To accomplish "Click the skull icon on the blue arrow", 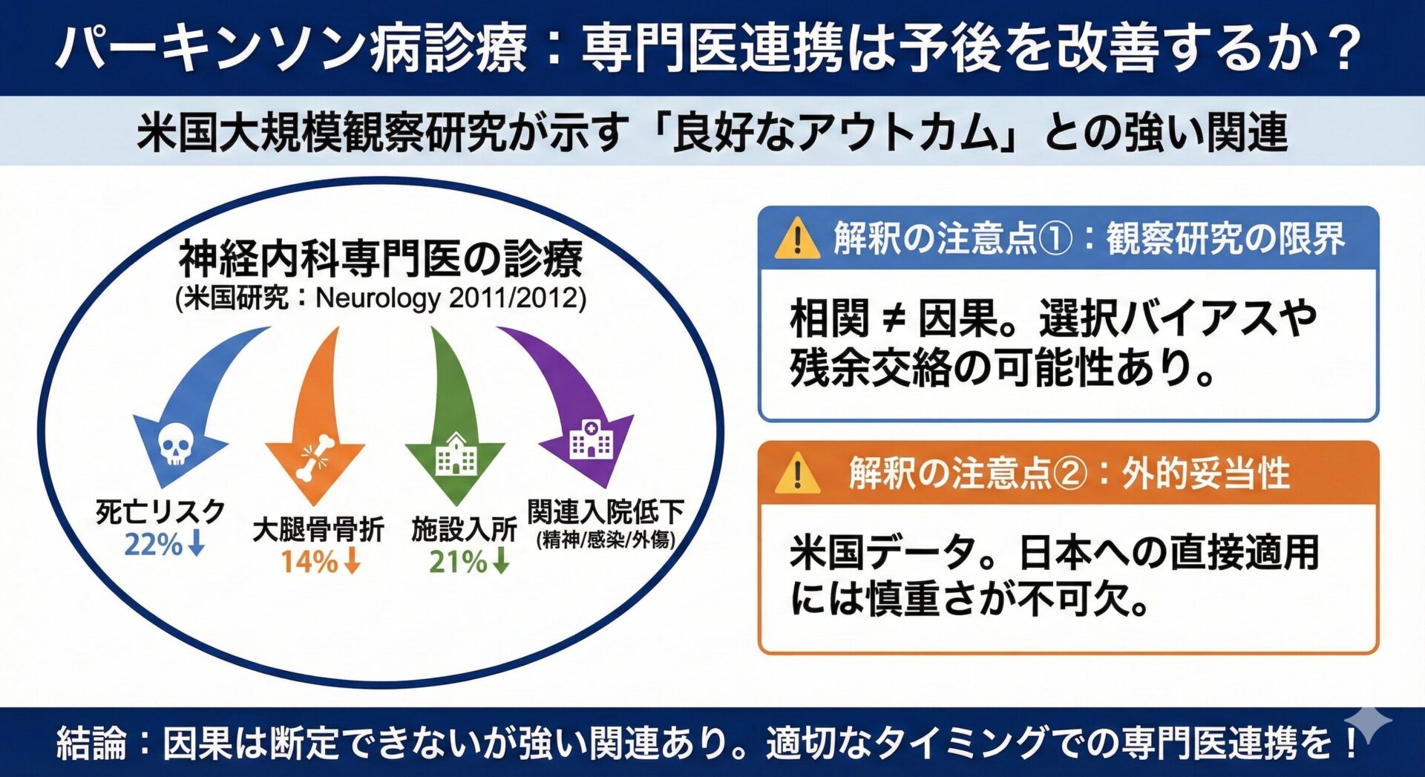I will point(176,445).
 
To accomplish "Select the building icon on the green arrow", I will point(455,455).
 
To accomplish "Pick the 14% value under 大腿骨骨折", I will point(309,562).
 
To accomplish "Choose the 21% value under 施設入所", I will point(458,562).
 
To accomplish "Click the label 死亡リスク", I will point(160,512).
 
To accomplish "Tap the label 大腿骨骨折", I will point(318,530).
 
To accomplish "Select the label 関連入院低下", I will point(606,511).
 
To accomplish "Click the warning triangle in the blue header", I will point(796,239).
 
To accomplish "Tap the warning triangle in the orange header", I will point(797,473).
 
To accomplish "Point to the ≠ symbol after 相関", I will point(894,319).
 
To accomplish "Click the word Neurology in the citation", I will point(378,298).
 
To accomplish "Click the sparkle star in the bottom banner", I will point(1367,723).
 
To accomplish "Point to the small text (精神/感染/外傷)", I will point(606,540).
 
